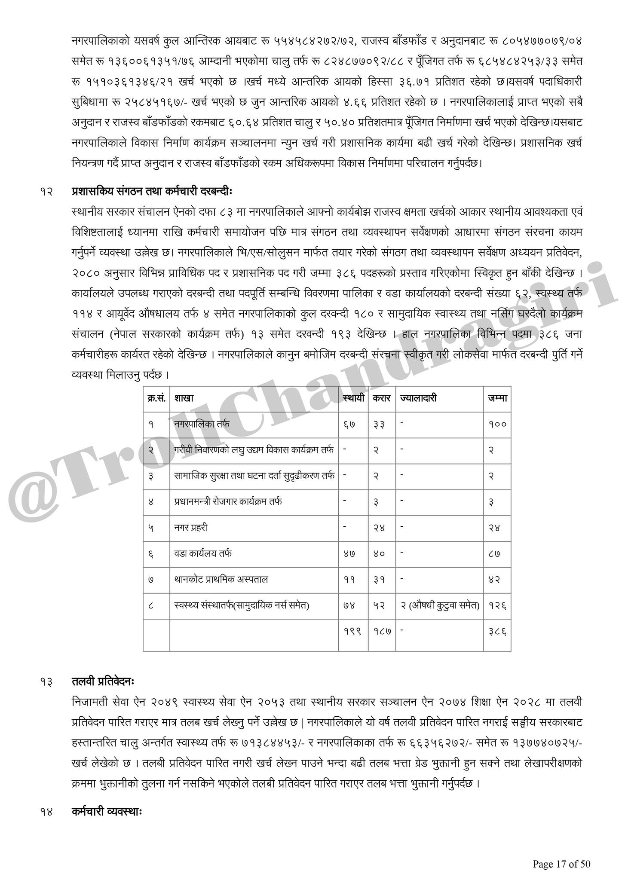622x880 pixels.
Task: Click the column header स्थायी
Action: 353,398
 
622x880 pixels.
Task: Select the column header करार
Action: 381,398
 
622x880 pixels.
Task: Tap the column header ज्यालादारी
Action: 418,398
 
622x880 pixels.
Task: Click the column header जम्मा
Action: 497,398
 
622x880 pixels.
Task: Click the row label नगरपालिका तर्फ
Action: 202,424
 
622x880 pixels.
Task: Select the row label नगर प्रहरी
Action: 191,527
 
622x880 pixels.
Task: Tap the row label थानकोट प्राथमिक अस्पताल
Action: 221,579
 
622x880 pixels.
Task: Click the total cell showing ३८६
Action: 497,631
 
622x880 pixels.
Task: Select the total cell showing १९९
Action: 352,631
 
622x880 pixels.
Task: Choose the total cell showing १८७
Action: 381,631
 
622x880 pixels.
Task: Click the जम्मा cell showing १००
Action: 497,424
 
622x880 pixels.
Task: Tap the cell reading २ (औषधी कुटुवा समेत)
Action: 440,605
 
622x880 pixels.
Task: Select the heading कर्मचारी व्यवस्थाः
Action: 107,812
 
